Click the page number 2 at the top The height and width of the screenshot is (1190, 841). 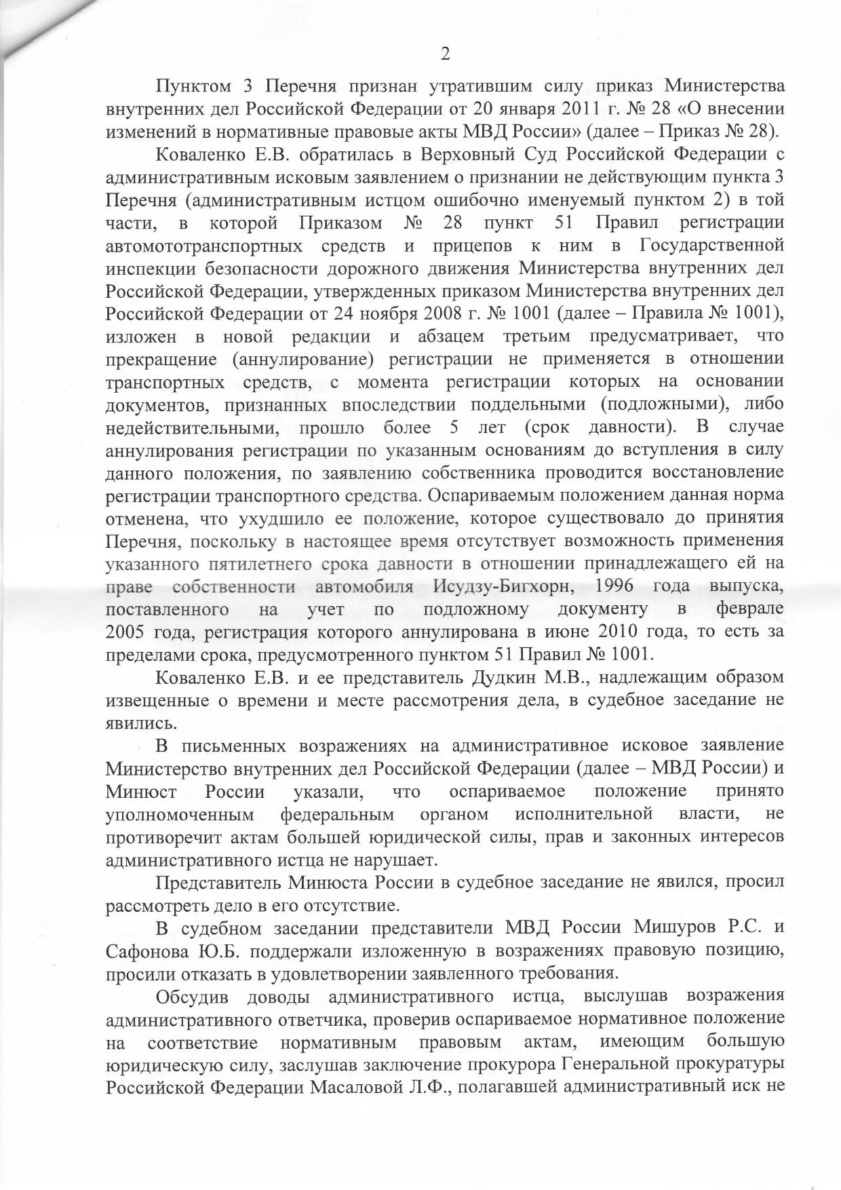coord(445,55)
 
